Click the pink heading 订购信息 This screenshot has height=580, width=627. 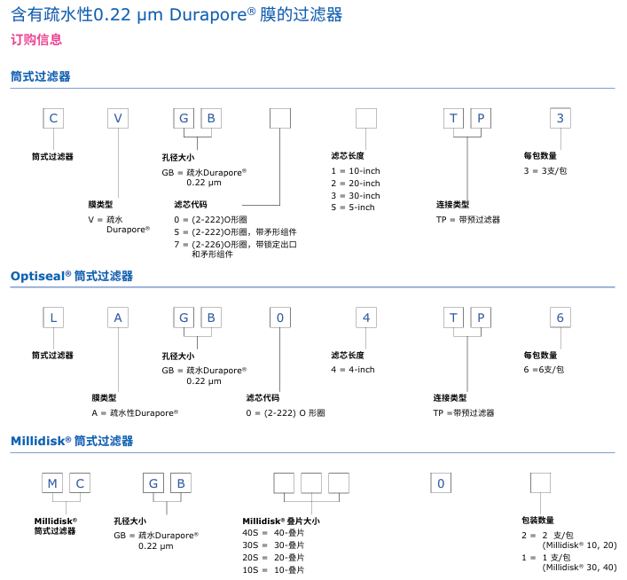point(36,40)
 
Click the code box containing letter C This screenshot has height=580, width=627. point(55,119)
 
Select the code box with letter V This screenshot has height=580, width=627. point(118,119)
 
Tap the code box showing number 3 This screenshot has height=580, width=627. point(559,119)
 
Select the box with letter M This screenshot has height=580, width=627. point(52,483)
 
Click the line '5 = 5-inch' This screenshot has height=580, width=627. point(353,207)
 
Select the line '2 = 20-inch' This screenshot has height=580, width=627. point(356,183)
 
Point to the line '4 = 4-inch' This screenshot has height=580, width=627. point(353,370)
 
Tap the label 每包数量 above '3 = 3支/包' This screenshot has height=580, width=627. point(540,156)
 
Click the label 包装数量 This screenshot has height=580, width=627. point(537,521)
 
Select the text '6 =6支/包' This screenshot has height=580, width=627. point(544,369)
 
